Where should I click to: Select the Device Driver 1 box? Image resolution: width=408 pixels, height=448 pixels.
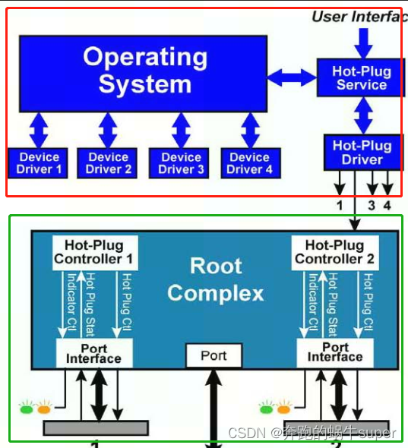pyautogui.click(x=39, y=162)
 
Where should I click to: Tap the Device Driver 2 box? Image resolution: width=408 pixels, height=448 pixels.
pyautogui.click(x=108, y=162)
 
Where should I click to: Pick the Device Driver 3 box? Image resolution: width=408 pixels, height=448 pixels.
pyautogui.click(x=181, y=162)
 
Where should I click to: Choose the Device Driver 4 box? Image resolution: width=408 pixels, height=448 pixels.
pyautogui.click(x=249, y=162)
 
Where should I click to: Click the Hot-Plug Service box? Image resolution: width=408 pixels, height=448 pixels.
pyautogui.click(x=362, y=78)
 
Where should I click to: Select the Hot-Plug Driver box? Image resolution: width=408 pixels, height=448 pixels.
pyautogui.click(x=362, y=152)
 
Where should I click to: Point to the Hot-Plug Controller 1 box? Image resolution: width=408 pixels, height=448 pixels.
pyautogui.click(x=93, y=251)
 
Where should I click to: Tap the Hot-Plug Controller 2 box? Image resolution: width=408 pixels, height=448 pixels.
pyautogui.click(x=334, y=251)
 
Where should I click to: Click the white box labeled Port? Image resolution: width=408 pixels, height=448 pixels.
pyautogui.click(x=214, y=355)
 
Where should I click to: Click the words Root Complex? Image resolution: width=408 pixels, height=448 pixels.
pyautogui.click(x=216, y=279)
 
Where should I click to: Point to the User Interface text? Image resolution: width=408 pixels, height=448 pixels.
pyautogui.click(x=359, y=17)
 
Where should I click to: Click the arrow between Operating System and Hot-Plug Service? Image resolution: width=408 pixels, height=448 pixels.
pyautogui.click(x=292, y=75)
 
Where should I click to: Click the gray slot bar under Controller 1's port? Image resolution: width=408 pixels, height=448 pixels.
pyautogui.click(x=95, y=427)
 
